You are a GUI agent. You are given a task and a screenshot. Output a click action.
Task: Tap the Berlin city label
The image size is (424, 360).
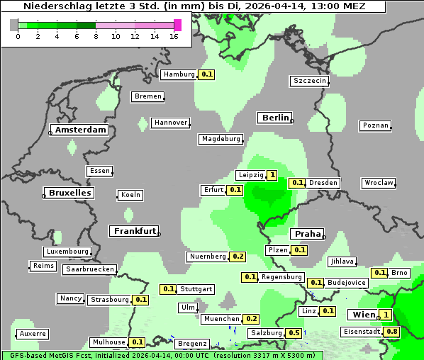[275, 118]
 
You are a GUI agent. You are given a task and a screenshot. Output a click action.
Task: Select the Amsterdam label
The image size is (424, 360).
[80, 130]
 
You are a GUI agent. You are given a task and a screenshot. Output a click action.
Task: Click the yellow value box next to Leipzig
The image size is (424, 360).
[272, 175]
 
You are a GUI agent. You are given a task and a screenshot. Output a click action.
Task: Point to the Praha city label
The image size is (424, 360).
[308, 234]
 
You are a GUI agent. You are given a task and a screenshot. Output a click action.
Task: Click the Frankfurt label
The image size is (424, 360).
[134, 231]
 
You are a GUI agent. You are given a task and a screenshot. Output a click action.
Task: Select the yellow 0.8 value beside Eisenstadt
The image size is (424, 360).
[392, 332]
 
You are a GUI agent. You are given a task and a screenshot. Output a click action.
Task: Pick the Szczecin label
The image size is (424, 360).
[309, 81]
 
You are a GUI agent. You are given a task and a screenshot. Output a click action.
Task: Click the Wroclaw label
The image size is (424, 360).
[378, 183]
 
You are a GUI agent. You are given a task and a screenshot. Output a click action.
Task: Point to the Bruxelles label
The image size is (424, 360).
[69, 193]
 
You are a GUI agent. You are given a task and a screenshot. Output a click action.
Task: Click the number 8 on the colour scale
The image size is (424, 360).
[96, 37]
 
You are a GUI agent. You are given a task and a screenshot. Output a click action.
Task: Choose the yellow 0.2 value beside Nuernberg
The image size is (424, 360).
[238, 257]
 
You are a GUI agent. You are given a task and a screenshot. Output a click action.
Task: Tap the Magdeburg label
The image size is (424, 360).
[221, 139]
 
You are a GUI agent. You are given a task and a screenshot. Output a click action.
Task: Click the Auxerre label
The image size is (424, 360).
[33, 333]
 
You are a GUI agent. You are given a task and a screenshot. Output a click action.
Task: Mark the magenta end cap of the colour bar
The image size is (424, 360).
[177, 25]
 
